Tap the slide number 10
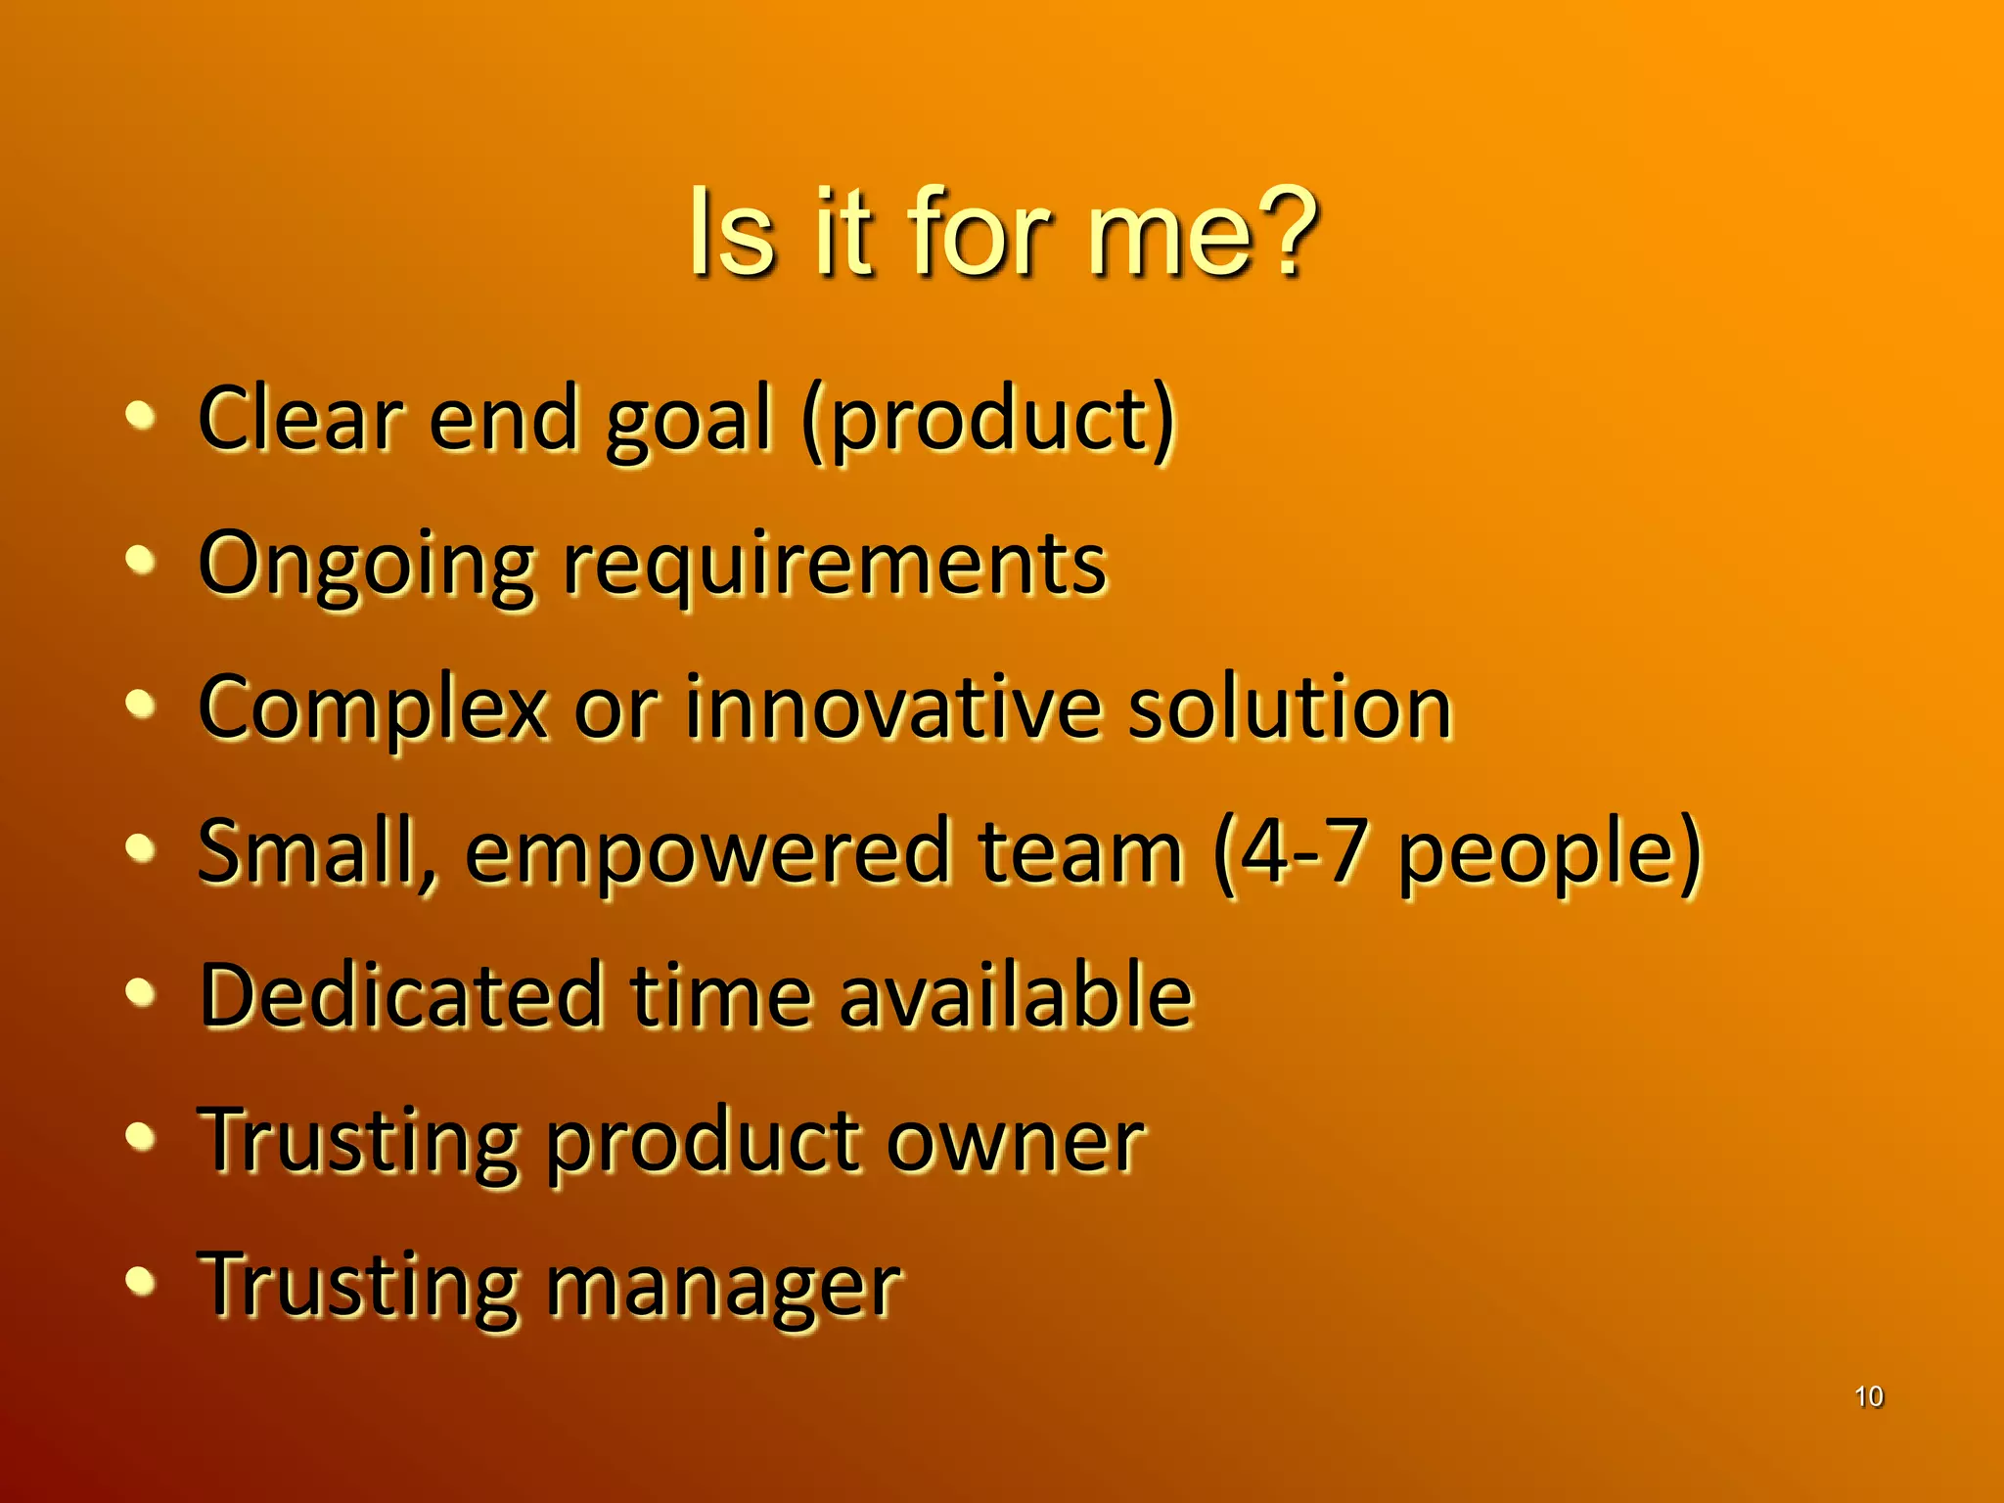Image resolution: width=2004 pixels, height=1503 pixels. (x=1868, y=1396)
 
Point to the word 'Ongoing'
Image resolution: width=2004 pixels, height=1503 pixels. (x=367, y=566)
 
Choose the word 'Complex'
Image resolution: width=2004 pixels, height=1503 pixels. (x=373, y=709)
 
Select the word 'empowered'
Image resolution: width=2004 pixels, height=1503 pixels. (x=708, y=852)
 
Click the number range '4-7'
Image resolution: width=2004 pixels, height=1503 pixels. (x=1301, y=851)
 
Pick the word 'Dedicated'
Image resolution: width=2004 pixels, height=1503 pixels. (x=401, y=995)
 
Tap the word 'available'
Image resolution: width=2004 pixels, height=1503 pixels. (x=1016, y=995)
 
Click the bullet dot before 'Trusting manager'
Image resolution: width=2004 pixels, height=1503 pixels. (x=141, y=1280)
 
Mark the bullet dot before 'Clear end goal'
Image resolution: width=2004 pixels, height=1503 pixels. (x=141, y=415)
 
